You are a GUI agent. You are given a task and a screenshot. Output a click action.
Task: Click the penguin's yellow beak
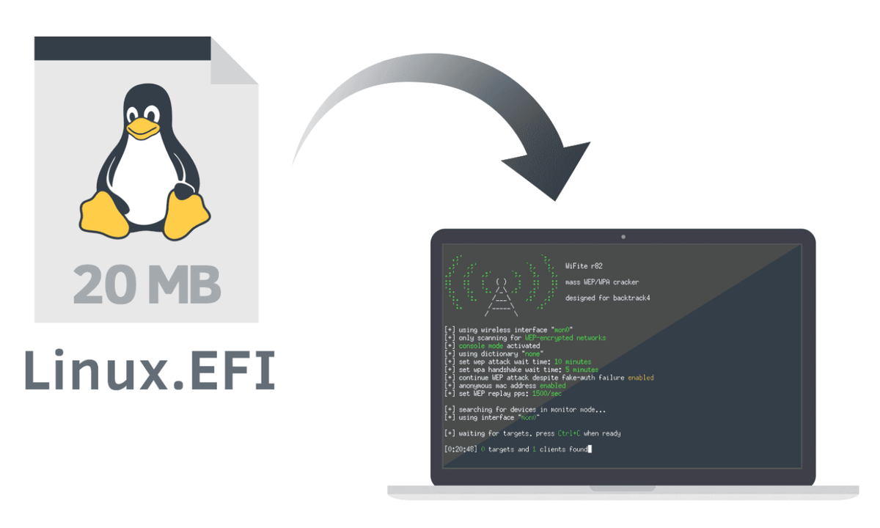point(142,129)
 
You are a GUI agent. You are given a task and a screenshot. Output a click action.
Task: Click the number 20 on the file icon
point(107,285)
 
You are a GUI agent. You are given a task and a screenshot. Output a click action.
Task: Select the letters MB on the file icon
point(184,285)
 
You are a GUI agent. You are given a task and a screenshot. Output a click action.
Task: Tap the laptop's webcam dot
point(623,237)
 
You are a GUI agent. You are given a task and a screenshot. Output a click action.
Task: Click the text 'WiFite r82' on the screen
point(584,266)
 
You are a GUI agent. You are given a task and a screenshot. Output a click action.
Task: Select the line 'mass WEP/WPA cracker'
point(601,282)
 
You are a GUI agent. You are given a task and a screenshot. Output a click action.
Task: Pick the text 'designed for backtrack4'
point(608,298)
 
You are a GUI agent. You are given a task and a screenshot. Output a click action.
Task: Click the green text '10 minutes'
point(573,362)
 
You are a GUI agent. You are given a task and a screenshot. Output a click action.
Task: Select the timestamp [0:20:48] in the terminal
point(461,449)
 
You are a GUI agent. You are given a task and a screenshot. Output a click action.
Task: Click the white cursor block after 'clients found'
point(590,449)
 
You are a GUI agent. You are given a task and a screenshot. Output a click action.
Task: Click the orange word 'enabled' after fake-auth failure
point(640,378)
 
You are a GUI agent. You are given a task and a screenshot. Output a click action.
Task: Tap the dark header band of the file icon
point(125,48)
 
